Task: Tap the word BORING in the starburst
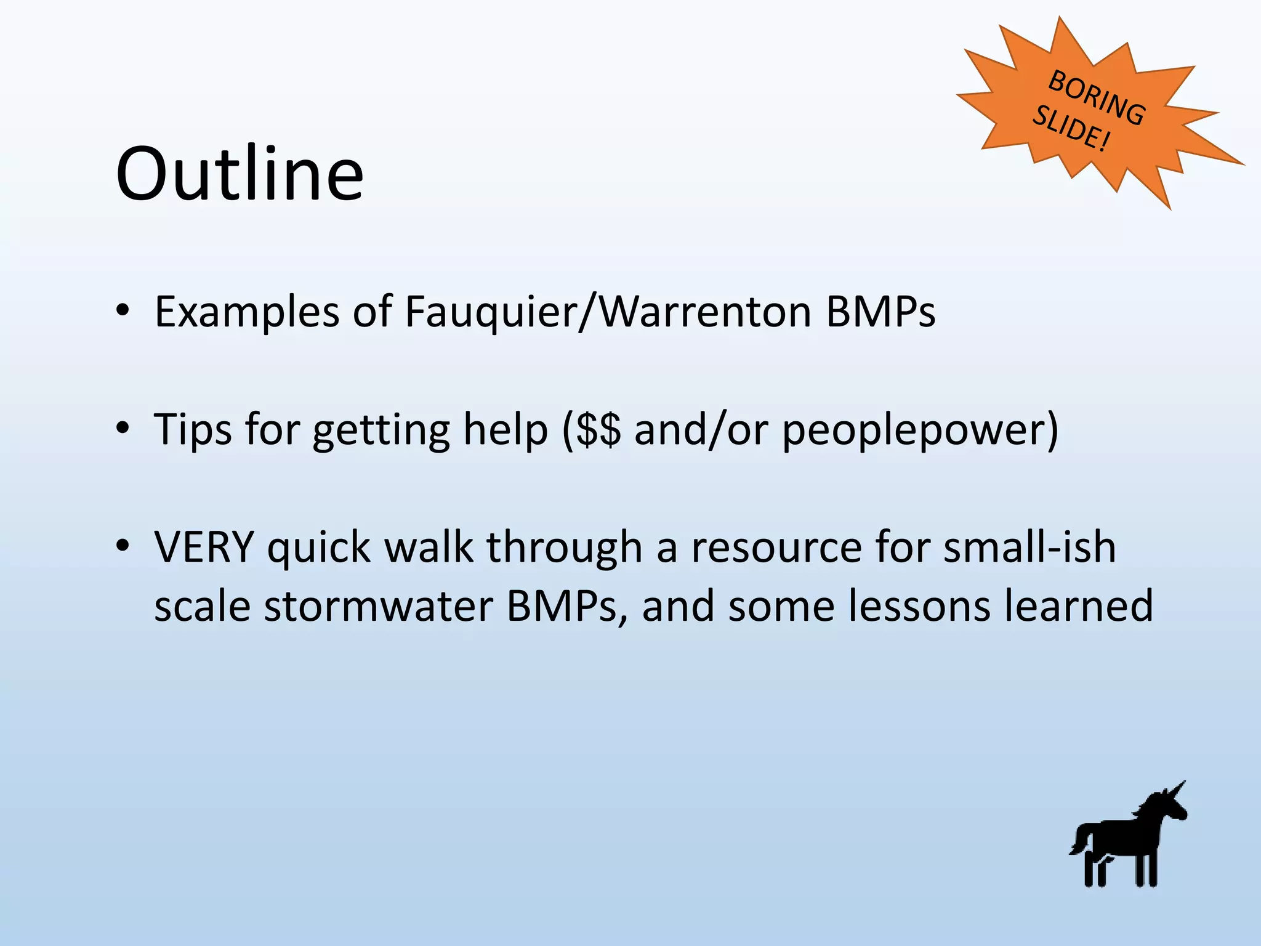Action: (x=1097, y=98)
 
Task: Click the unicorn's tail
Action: (x=1079, y=840)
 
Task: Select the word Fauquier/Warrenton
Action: (x=608, y=312)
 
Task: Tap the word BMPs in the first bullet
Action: (x=880, y=312)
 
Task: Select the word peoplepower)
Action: (x=920, y=430)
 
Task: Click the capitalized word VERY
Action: (x=204, y=547)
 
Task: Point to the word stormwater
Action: (x=378, y=606)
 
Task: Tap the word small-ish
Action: (x=1029, y=547)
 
